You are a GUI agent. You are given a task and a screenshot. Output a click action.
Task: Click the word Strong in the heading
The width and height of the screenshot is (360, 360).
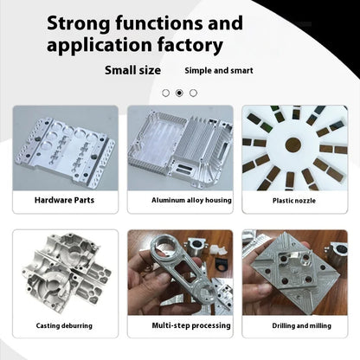pyautogui.click(x=79, y=24)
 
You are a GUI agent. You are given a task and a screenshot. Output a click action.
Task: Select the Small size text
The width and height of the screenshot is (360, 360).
pyautogui.click(x=132, y=70)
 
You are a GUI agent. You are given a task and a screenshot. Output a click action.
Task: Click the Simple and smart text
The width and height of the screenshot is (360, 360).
pyautogui.click(x=219, y=70)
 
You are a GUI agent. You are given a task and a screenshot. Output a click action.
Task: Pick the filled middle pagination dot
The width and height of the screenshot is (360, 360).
pyautogui.click(x=179, y=93)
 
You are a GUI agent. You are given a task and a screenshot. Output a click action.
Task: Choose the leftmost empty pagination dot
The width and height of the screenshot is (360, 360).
pyautogui.click(x=165, y=93)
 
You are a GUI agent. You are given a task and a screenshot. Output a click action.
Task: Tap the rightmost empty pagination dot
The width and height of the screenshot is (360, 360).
pyautogui.click(x=193, y=93)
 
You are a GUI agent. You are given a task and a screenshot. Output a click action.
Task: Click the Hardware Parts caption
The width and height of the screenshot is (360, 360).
pyautogui.click(x=64, y=200)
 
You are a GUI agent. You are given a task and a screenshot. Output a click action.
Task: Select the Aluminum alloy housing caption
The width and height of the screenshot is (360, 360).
pyautogui.click(x=191, y=200)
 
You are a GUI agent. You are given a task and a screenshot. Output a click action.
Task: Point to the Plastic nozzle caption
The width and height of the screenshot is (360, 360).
pyautogui.click(x=294, y=201)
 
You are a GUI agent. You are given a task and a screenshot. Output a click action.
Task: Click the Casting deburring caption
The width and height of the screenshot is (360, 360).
pyautogui.click(x=64, y=325)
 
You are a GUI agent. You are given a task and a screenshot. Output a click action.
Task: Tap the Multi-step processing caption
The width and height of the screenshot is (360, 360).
pyautogui.click(x=191, y=325)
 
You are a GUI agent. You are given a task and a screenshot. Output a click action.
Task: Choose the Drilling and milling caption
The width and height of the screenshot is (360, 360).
pyautogui.click(x=301, y=325)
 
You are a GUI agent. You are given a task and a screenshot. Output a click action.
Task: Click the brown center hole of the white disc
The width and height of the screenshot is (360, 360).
pyautogui.click(x=293, y=145)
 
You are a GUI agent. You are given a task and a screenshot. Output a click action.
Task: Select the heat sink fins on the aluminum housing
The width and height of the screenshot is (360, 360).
pyautogui.click(x=192, y=141)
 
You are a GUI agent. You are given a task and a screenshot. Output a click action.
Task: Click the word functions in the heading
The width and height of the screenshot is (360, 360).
pyautogui.click(x=159, y=23)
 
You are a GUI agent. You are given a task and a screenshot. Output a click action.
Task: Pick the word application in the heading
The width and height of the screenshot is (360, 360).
pyautogui.click(x=100, y=46)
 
